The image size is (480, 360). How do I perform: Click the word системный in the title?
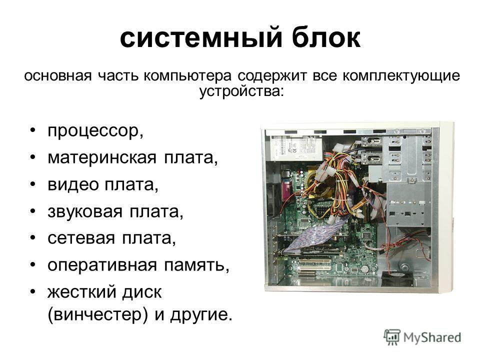click(x=201, y=38)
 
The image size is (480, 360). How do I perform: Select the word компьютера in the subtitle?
click(x=187, y=76)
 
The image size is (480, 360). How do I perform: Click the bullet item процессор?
click(x=95, y=131)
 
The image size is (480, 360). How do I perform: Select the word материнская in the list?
click(x=102, y=157)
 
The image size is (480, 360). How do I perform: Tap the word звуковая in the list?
click(x=85, y=211)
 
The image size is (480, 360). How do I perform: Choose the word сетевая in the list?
click(x=81, y=238)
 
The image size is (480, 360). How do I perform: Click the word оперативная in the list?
click(x=102, y=265)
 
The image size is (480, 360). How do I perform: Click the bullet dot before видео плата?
click(x=33, y=184)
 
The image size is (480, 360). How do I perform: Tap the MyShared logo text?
click(x=432, y=337)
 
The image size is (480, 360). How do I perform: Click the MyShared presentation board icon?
click(x=392, y=337)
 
